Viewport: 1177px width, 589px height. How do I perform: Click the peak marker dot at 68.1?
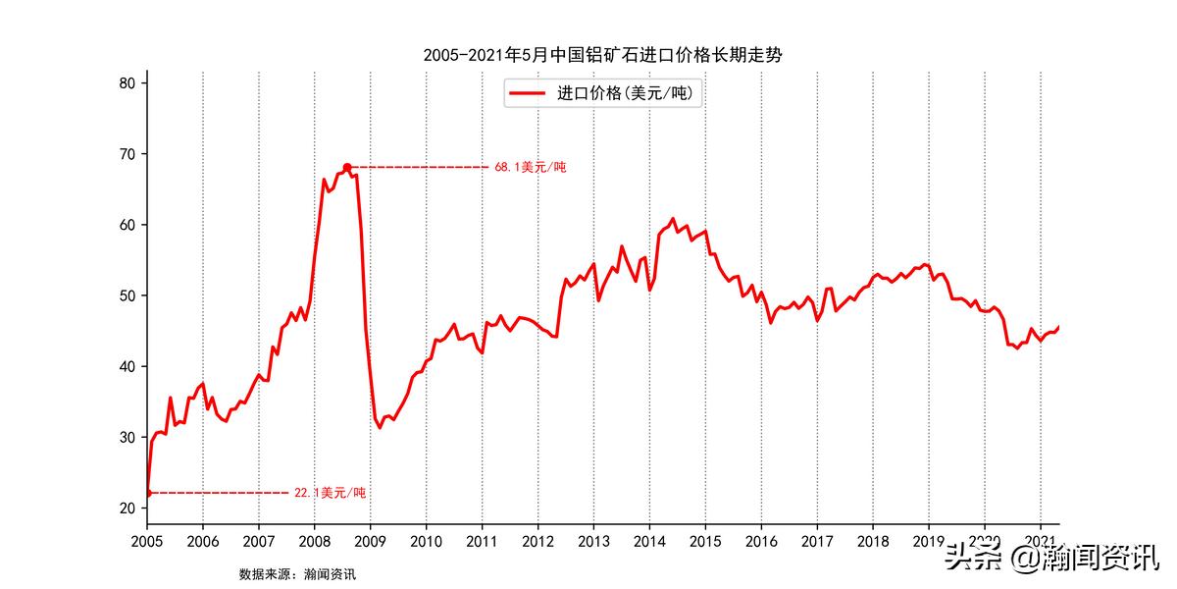coord(347,167)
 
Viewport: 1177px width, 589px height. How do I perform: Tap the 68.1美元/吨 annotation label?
coord(530,168)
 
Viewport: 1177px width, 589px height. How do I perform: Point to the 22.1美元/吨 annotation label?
coord(330,493)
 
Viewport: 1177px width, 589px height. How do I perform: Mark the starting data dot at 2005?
coord(147,493)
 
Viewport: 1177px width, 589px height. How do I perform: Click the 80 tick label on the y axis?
coord(127,83)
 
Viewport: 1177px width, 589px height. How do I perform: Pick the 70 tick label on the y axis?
coord(127,154)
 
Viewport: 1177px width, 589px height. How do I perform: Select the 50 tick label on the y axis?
coord(127,295)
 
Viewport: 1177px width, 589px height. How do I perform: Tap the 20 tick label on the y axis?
coord(127,508)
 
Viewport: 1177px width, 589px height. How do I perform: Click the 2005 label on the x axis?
coord(147,541)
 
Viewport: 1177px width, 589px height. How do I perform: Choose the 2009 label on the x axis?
coord(370,541)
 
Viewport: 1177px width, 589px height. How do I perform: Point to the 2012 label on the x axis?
coord(537,541)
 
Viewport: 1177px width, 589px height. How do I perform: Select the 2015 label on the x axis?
coord(705,541)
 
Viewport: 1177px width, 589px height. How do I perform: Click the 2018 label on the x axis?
coord(873,541)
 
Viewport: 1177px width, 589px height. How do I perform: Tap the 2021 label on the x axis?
coord(1041,541)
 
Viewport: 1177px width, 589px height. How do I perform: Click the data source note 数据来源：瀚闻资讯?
coord(297,574)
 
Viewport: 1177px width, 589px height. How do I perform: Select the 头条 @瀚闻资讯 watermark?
coord(1050,561)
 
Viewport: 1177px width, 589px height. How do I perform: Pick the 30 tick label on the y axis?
coord(127,437)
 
